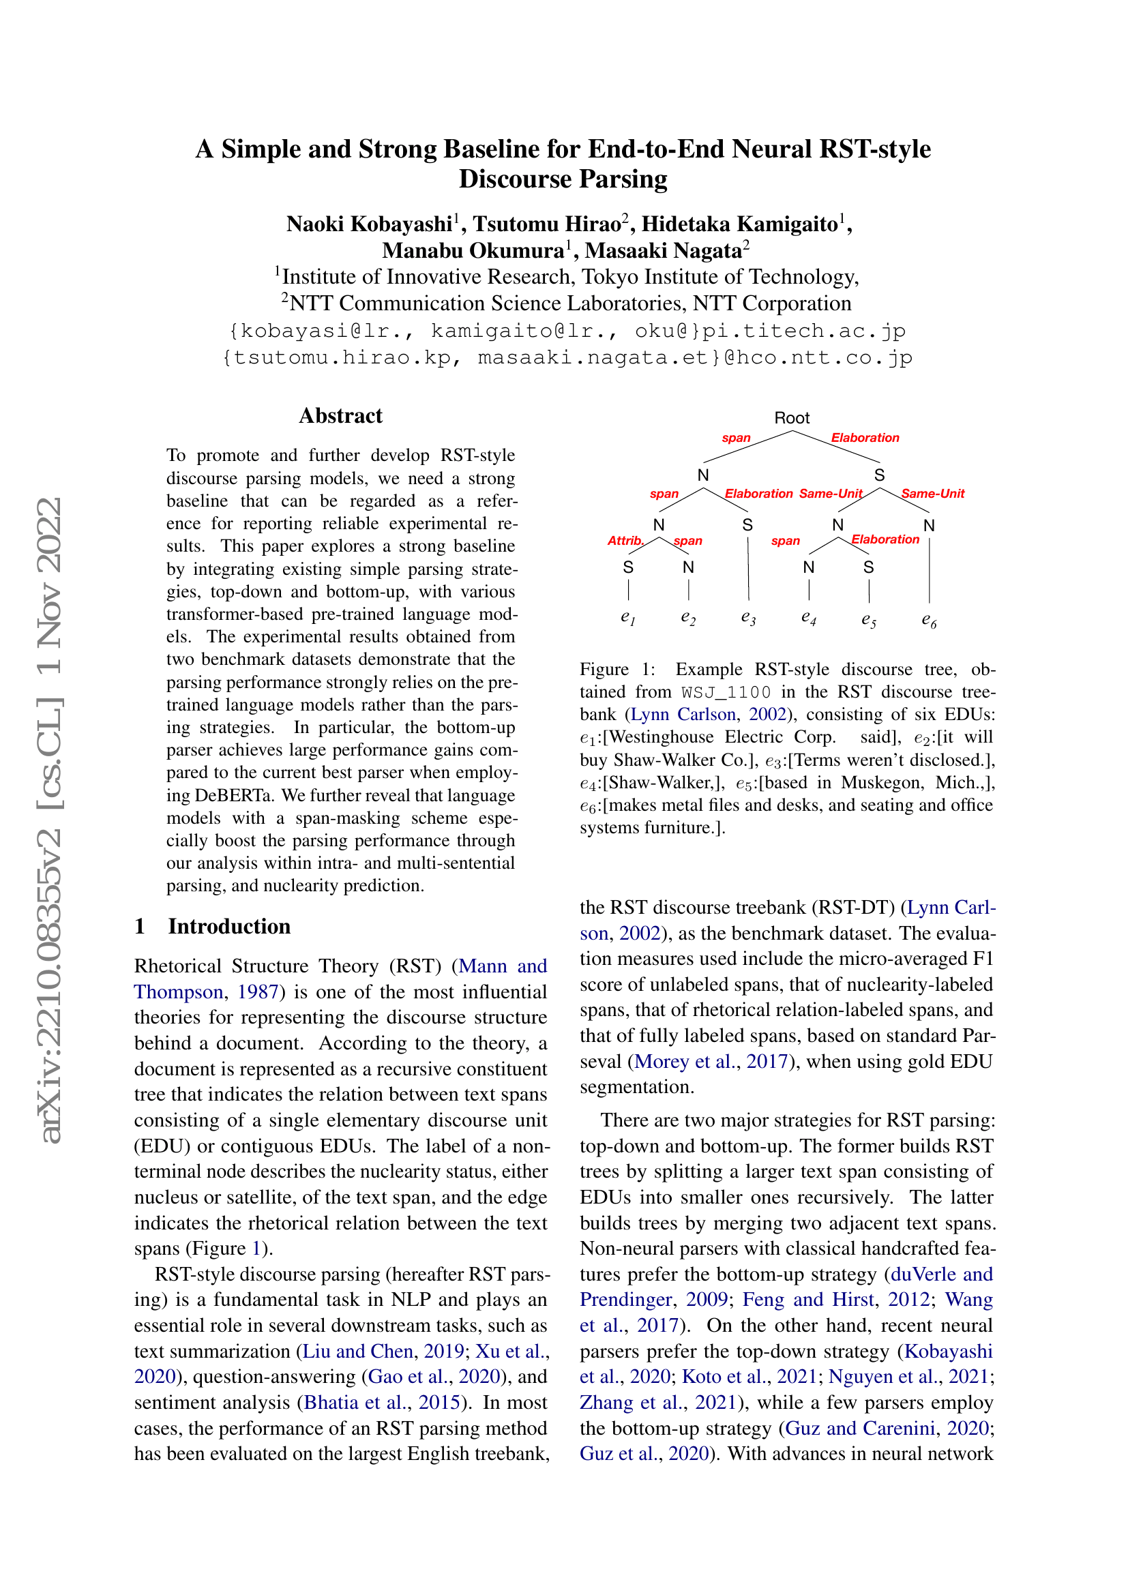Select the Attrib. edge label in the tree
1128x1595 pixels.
[625, 540]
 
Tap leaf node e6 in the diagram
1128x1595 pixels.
[929, 620]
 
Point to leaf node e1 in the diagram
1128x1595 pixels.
[628, 617]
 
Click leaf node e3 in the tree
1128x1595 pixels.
[748, 617]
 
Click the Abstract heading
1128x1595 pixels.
[340, 415]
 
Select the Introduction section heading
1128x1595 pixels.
[228, 926]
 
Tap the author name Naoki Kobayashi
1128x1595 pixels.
[370, 224]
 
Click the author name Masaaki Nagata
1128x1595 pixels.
[664, 250]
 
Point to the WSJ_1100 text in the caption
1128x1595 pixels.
[726, 692]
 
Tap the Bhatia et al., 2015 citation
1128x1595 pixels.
[382, 1402]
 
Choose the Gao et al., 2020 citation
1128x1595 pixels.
[434, 1376]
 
